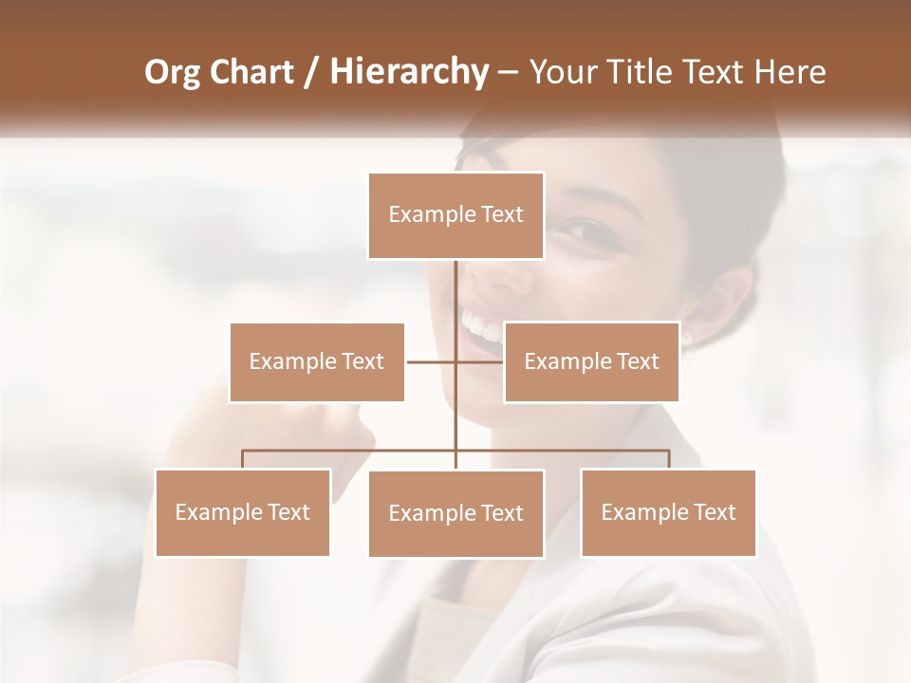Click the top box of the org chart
tap(456, 215)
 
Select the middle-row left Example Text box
tap(317, 361)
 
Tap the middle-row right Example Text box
tap(591, 361)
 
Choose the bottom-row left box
tap(243, 512)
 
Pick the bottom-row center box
tap(456, 513)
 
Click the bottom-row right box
tap(668, 512)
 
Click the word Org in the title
tap(173, 72)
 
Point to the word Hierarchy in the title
tap(408, 72)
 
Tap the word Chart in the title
tap(253, 72)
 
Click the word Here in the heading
tap(790, 72)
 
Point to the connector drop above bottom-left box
tap(243, 459)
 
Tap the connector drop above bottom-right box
tap(669, 459)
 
